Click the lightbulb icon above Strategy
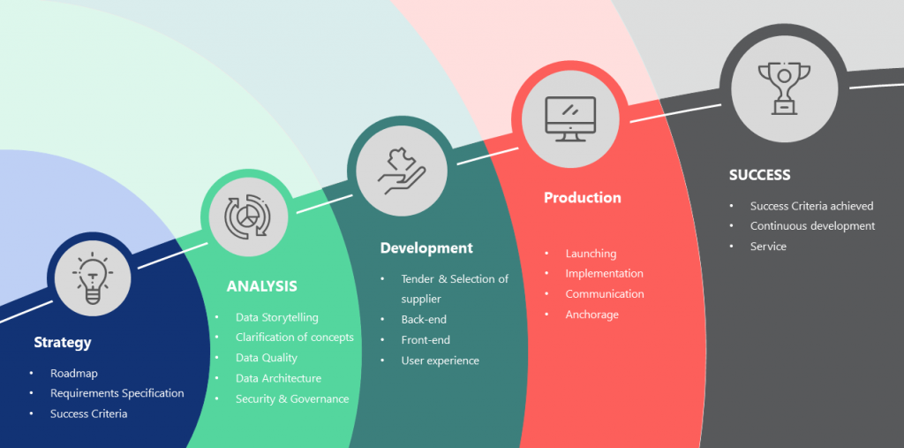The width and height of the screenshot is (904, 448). pos(92,277)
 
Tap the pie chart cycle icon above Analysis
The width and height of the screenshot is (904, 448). pos(248,216)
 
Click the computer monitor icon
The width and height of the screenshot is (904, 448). pos(570,118)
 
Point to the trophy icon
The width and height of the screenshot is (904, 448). pos(784,87)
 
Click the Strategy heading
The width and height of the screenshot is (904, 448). pos(63,342)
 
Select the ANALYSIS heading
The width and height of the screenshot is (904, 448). pos(261,286)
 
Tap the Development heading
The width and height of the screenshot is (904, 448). pos(426,248)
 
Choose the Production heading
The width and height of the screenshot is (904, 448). pos(583,197)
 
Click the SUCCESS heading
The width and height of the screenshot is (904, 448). pos(759,175)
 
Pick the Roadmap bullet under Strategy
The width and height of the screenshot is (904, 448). pos(74,374)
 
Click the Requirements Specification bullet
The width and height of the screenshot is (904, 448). pos(117,394)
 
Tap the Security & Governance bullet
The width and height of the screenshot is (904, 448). pos(292,399)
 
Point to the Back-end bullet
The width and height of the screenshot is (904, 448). pos(424,319)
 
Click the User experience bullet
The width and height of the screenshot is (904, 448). pos(440,361)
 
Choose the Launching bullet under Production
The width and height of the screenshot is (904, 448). pos(591,254)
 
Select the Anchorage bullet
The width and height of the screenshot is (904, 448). pos(591,315)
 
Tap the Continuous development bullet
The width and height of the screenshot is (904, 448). pos(812,225)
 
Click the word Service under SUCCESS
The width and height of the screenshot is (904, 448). pos(768,247)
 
